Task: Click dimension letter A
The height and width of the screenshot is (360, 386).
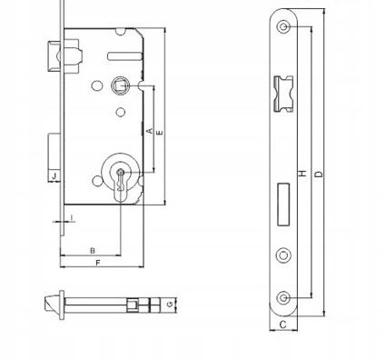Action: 149,131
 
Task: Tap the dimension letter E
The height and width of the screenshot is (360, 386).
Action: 160,133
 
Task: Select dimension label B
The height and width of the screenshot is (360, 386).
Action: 93,251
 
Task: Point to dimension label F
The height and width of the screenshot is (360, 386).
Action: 98,263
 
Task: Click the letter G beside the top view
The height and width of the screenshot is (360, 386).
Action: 171,304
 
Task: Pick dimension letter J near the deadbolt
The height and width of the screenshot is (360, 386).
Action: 54,175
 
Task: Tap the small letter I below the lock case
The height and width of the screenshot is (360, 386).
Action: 72,217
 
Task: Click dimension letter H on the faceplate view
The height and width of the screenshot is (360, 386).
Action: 302,174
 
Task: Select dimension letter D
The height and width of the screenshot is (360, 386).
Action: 319,175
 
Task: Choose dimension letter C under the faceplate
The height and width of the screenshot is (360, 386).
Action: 282,325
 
